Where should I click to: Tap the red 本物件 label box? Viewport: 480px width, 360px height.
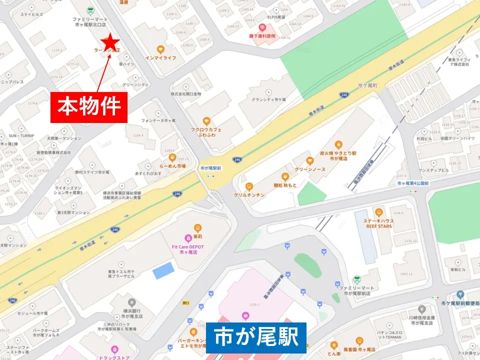[89, 107]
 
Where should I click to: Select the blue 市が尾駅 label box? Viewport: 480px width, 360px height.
[255, 337]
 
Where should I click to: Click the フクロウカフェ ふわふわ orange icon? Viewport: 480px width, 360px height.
[206, 121]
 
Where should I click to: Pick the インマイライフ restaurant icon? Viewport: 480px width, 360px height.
[160, 49]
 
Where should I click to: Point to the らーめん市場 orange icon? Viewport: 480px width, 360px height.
[172, 157]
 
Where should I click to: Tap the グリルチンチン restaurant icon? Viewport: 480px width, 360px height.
[249, 186]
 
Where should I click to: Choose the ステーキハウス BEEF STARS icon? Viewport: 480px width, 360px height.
[378, 212]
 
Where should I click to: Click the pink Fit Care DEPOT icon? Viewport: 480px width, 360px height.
[188, 238]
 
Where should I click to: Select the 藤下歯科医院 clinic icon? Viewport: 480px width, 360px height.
[262, 27]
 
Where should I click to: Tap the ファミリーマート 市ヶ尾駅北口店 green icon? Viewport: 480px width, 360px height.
[90, 9]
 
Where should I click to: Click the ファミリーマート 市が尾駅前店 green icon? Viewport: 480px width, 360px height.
[357, 279]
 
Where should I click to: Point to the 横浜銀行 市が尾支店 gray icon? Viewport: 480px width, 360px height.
[132, 302]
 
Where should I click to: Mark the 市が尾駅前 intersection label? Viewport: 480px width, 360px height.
[210, 168]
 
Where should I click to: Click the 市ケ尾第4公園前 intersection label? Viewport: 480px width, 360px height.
[413, 184]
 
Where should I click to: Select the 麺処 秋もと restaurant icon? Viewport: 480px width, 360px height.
[285, 176]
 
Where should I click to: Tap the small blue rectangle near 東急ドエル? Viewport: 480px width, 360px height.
[163, 270]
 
